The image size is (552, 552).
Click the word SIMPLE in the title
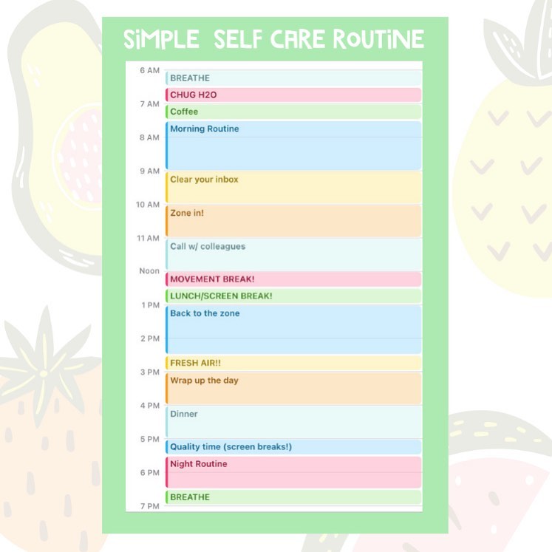tap(161, 39)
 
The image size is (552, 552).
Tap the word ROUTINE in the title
tap(378, 38)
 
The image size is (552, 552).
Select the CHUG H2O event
tap(293, 95)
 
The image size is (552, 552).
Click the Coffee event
tap(293, 112)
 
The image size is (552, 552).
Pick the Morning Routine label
tap(205, 129)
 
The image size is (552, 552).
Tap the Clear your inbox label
tap(204, 180)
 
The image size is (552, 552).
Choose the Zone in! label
tap(187, 213)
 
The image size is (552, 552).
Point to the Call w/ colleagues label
tap(208, 246)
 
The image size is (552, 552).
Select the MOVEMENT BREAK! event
tap(293, 279)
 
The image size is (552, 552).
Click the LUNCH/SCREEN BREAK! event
tap(293, 296)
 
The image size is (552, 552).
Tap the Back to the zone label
tap(205, 313)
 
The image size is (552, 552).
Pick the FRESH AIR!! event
tap(293, 363)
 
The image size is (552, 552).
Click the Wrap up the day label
tap(204, 381)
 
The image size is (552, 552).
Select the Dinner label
tap(184, 414)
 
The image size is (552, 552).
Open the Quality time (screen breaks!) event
tap(293, 447)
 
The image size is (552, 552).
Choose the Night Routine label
tap(199, 464)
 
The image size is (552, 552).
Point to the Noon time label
tap(149, 271)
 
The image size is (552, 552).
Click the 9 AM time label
tap(149, 171)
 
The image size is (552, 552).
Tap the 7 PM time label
tap(150, 506)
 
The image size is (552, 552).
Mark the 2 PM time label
tap(150, 338)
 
